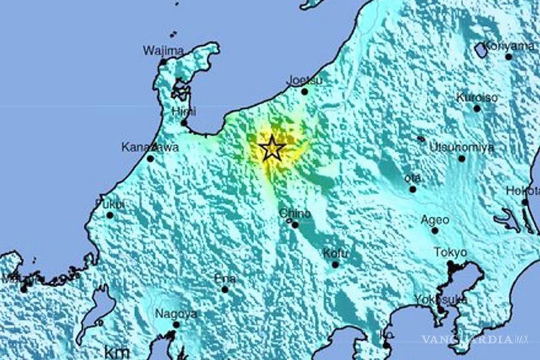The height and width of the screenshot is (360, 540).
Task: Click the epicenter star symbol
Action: click(272, 148)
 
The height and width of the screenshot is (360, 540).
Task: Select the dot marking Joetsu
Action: click(305, 91)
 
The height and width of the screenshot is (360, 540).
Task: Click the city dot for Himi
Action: click(184, 123)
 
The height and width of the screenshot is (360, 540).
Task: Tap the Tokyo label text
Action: click(450, 252)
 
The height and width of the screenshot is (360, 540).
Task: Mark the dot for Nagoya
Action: click(176, 324)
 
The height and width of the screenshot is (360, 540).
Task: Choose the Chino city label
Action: click(295, 214)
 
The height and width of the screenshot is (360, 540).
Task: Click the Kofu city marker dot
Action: click(335, 265)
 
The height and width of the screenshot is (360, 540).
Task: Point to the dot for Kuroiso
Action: click(477, 108)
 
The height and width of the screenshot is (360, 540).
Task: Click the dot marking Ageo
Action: click(435, 230)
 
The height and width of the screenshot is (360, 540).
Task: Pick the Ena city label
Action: click(225, 279)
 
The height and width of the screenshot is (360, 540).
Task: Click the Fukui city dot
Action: click(110, 215)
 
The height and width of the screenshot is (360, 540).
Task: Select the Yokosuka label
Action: click(441, 299)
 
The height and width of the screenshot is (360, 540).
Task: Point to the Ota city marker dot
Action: click(413, 189)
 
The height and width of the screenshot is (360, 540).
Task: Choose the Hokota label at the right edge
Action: click(522, 190)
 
